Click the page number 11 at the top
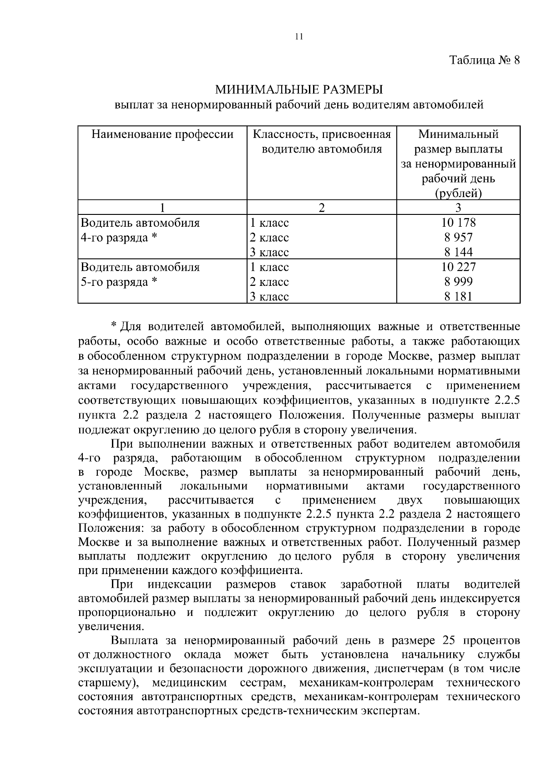299,37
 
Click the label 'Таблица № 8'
484,60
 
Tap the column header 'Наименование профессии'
162,134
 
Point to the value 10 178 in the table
458,223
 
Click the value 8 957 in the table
458,237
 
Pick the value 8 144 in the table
458,252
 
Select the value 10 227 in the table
458,267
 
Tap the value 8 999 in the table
458,282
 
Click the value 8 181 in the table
458,297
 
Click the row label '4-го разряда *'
119,238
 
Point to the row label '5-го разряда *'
119,282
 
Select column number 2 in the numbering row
322,208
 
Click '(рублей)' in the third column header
458,193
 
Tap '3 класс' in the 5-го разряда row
269,297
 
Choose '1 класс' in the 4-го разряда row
269,223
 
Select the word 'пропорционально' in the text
127,613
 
